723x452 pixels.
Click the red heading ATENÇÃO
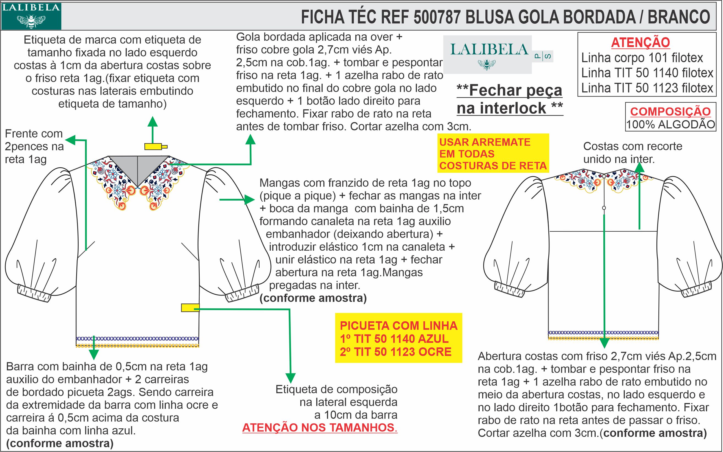tap(640, 42)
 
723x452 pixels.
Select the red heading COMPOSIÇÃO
tap(670, 111)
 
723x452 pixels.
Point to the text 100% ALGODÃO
tap(670, 124)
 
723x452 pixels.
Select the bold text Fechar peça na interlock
tap(510, 99)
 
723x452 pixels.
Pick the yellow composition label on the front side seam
tap(190, 308)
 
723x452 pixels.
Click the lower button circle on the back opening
tap(604, 208)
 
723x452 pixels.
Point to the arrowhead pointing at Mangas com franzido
tap(250, 199)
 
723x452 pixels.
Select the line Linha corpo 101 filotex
tap(642, 58)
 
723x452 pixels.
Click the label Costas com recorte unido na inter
tap(633, 153)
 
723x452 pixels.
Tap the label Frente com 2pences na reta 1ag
tap(34, 146)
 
